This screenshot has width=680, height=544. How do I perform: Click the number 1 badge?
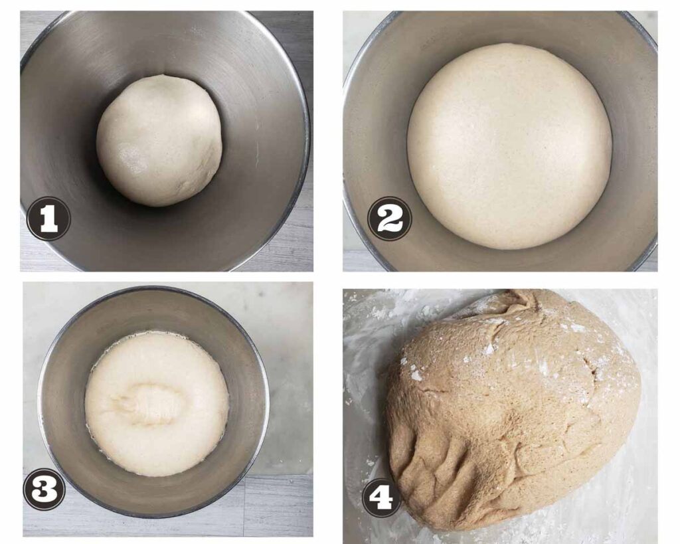(48, 219)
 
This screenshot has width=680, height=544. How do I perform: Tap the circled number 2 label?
(389, 219)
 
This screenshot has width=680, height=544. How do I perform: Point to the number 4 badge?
(381, 496)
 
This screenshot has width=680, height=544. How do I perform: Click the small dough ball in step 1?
(159, 139)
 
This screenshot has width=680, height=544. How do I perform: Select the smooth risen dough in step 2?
(509, 146)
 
